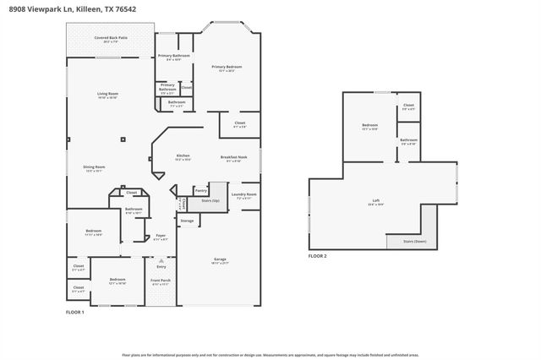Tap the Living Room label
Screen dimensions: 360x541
[107, 95]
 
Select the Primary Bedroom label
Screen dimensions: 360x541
[227, 68]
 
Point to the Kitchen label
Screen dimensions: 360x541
[183, 157]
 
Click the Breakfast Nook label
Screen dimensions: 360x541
[233, 158]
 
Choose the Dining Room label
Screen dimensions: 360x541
[94, 168]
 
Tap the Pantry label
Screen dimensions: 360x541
[200, 191]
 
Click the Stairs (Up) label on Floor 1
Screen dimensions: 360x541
[210, 201]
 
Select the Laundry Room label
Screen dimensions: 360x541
[243, 195]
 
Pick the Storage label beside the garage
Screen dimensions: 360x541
[187, 221]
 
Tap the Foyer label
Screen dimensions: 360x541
[161, 237]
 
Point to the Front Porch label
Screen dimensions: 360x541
[160, 281]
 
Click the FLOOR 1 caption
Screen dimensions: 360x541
[75, 312]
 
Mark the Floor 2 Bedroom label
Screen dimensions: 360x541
[369, 127]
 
